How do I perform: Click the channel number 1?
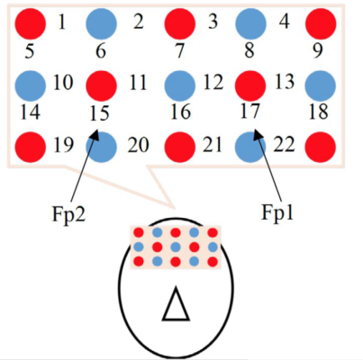(61, 22)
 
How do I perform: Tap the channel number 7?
(179, 50)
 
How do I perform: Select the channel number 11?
(138, 83)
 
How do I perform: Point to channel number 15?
(99, 113)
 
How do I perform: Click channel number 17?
(250, 111)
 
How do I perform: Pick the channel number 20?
(138, 146)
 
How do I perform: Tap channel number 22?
(284, 144)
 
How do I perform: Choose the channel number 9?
(318, 50)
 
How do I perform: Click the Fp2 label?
(68, 214)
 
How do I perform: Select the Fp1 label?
(277, 212)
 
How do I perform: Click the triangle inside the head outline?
(176, 304)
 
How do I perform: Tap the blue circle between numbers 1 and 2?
(101, 24)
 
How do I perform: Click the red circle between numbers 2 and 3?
(180, 24)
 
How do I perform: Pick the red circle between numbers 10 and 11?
(101, 85)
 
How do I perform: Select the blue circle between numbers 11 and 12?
(180, 85)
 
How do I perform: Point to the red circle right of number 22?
(321, 147)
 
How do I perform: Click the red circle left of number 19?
(31, 147)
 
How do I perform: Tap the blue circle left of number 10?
(31, 85)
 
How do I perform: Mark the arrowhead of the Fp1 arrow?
(258, 134)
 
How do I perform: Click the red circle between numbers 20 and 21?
(180, 147)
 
